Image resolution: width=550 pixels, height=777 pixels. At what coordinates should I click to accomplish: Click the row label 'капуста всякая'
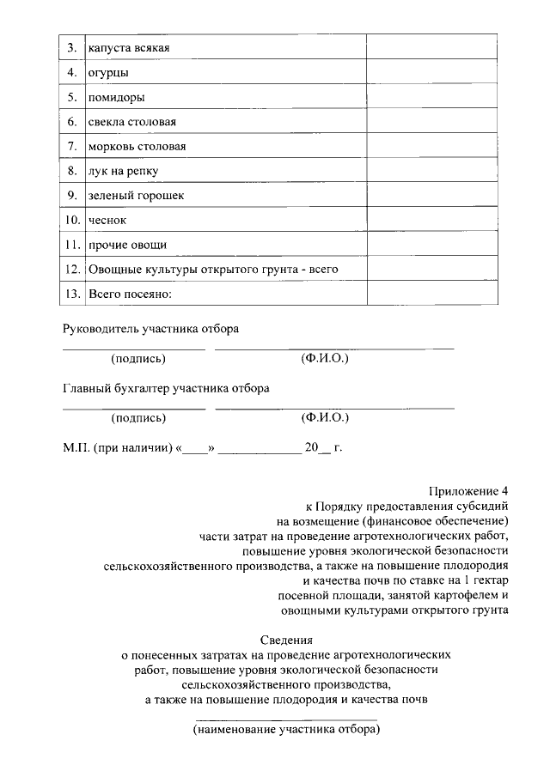tap(128, 46)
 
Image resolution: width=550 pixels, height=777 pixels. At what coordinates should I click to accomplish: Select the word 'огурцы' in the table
tap(108, 71)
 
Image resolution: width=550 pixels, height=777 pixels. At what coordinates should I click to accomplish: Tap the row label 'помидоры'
tap(116, 96)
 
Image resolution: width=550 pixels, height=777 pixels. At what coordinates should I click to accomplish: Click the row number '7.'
tap(72, 146)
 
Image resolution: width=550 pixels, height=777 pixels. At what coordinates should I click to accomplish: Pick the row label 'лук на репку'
tap(123, 171)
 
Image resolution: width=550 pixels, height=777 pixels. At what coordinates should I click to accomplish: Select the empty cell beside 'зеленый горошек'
tap(431, 195)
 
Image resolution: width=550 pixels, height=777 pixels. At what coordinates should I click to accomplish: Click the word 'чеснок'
tap(107, 220)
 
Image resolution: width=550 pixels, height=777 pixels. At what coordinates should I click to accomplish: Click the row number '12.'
tap(72, 270)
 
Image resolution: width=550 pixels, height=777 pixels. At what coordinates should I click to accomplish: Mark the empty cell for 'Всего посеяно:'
tap(431, 294)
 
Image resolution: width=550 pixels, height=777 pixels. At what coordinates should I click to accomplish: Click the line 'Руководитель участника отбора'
tap(150, 329)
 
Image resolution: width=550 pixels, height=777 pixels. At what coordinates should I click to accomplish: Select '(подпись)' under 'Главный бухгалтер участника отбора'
tap(138, 418)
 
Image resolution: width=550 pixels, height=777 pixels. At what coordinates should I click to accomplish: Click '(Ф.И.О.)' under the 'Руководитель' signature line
tap(325, 358)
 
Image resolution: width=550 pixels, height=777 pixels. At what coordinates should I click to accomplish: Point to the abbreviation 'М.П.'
tap(76, 447)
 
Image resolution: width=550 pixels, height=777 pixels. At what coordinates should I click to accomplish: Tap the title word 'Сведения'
tap(286, 639)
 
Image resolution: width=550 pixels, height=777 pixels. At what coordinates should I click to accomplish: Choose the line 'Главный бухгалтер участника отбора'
tap(166, 388)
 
